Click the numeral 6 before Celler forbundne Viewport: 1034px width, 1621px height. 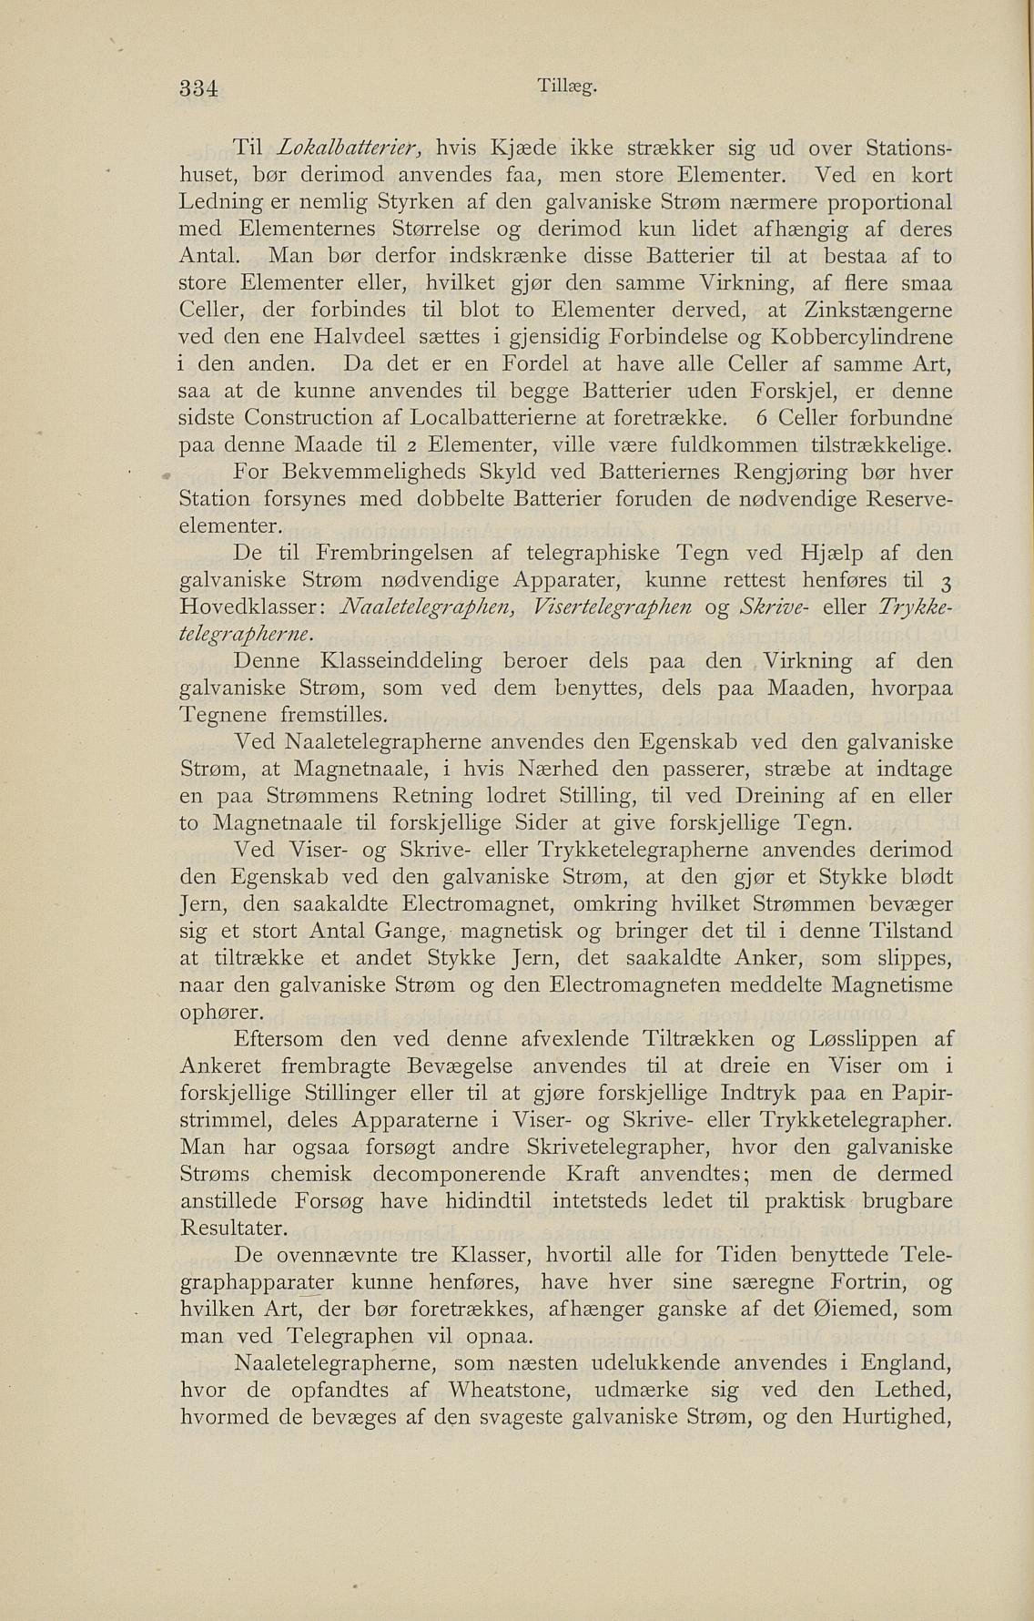(x=761, y=418)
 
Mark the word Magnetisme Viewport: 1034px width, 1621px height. (x=893, y=984)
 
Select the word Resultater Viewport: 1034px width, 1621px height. (x=235, y=1227)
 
